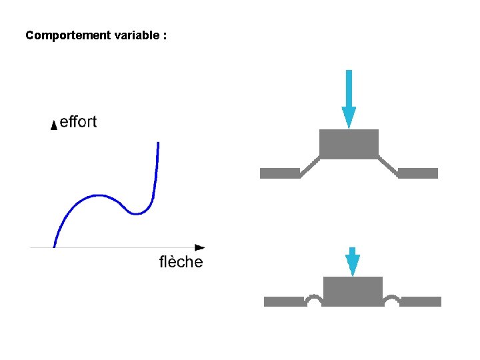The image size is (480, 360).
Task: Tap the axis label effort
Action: click(x=78, y=122)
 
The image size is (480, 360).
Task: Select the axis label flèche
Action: click(x=181, y=262)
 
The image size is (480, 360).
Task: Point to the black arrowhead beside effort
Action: click(x=54, y=125)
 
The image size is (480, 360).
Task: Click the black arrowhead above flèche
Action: click(x=199, y=247)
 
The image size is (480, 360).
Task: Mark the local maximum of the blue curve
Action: click(x=98, y=195)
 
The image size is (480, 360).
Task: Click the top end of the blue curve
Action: click(x=158, y=143)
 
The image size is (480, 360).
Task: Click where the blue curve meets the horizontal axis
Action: click(x=54, y=247)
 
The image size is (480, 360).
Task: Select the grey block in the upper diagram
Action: click(x=349, y=144)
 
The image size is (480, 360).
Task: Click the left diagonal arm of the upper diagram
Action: click(x=309, y=166)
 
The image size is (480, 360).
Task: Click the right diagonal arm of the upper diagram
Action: click(x=389, y=166)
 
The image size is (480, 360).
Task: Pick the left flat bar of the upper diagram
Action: click(x=279, y=173)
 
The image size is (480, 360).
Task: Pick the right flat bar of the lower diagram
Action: click(x=421, y=301)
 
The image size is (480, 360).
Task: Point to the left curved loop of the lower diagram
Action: click(x=314, y=299)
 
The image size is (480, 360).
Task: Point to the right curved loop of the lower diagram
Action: click(x=392, y=299)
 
